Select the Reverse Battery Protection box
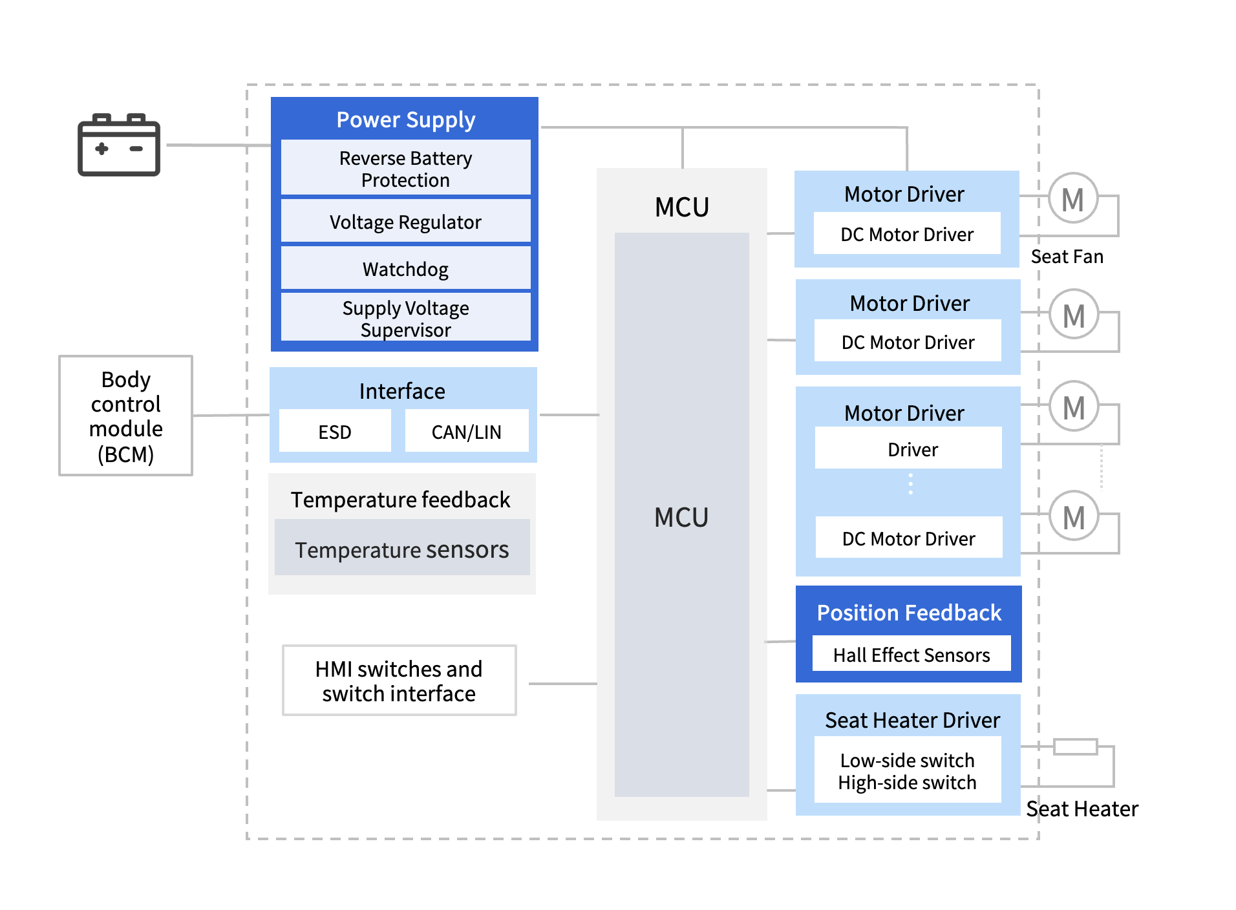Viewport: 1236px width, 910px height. point(405,168)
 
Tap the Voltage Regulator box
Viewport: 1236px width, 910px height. point(405,222)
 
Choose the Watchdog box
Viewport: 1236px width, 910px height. point(405,269)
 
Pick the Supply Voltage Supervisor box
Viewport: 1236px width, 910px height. point(405,318)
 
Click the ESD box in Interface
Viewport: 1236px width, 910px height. point(335,431)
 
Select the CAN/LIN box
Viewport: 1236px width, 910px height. point(466,431)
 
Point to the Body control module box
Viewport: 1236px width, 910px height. point(125,416)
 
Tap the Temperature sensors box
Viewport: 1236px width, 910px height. point(401,549)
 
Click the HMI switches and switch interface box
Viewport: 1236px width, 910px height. point(399,681)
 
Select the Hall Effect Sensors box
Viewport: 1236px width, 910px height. point(911,654)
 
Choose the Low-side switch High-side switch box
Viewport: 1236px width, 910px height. point(907,770)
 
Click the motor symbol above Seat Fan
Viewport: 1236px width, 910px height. point(1072,198)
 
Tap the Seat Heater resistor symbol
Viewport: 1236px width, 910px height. point(1075,747)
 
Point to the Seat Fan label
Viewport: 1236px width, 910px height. point(1067,257)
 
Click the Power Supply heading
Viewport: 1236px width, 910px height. point(405,120)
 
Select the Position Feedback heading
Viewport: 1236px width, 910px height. point(908,612)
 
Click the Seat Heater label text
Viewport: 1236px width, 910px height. point(1081,809)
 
